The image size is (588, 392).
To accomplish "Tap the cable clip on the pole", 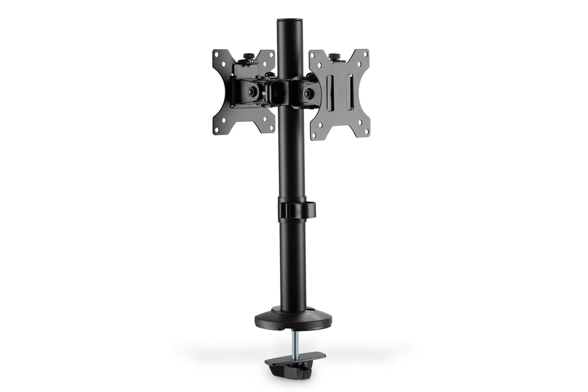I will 296,210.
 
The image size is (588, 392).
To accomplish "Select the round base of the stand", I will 293,320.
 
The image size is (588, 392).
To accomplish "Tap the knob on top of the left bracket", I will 248,57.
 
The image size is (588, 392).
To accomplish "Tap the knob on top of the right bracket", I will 334,57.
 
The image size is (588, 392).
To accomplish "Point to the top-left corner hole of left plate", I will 218,55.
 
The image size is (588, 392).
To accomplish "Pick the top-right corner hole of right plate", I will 364,54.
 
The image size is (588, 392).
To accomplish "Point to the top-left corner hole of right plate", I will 315,55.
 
